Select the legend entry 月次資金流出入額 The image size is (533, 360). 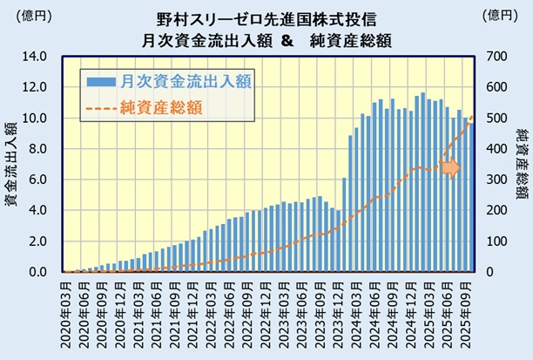(x=186, y=81)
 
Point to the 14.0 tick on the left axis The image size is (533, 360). (x=34, y=57)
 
